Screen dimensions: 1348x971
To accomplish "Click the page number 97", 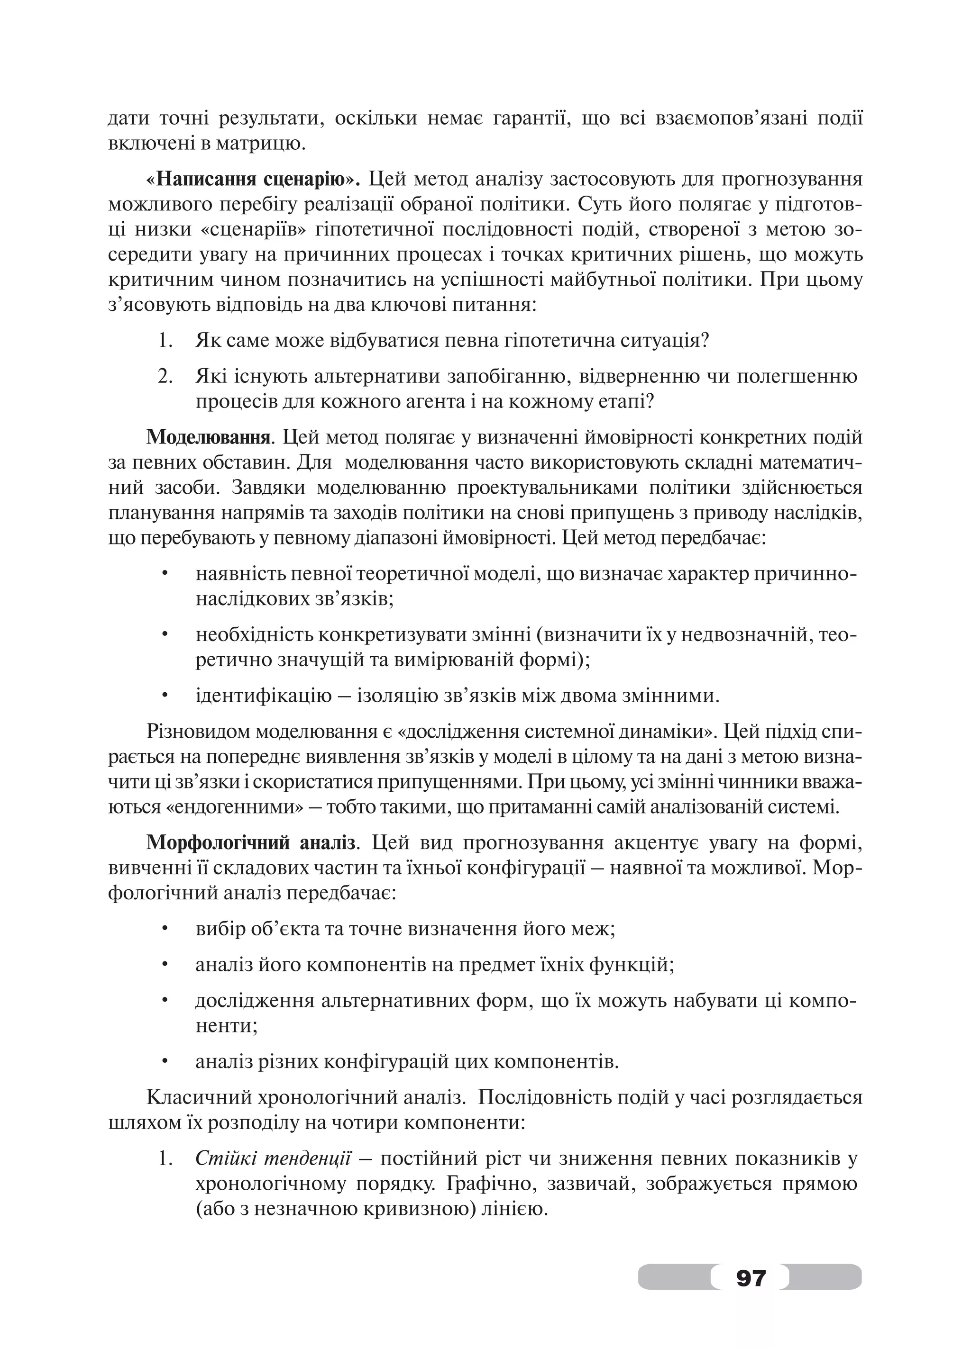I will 751,1276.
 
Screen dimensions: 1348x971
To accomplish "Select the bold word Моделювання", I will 209,438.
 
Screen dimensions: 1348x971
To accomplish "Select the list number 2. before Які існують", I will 165,376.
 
